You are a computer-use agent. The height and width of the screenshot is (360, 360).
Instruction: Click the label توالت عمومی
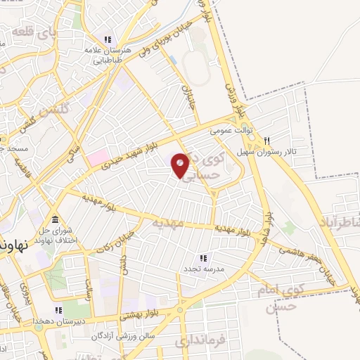click(x=229, y=131)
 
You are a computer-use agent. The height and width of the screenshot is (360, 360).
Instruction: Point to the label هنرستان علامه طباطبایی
click(x=108, y=55)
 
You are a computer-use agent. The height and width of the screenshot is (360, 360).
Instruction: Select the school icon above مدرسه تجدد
click(x=203, y=259)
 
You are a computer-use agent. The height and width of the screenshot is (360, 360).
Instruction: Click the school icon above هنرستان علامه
click(x=108, y=39)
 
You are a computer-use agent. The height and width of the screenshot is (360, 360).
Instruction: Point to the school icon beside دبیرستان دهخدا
click(x=59, y=309)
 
